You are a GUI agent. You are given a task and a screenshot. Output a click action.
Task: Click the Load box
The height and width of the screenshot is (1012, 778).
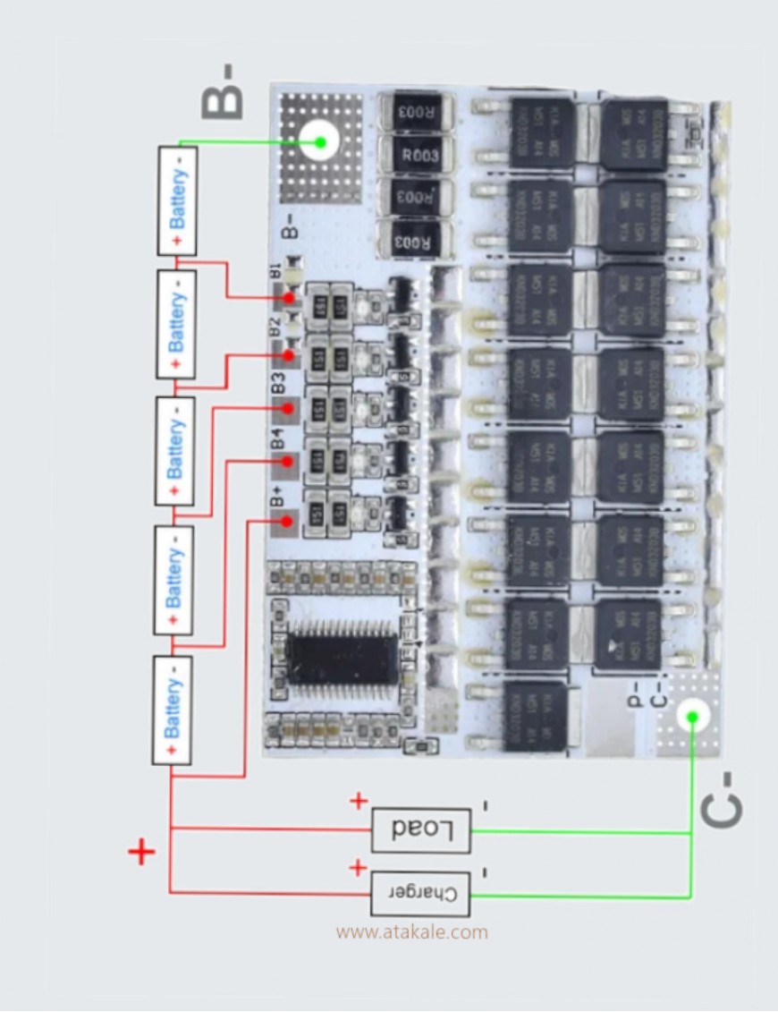pyautogui.click(x=420, y=829)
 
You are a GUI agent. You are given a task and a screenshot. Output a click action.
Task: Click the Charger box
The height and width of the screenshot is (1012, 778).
pyautogui.click(x=420, y=893)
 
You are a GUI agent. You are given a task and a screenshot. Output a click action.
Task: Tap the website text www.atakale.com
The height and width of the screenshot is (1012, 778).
pyautogui.click(x=412, y=932)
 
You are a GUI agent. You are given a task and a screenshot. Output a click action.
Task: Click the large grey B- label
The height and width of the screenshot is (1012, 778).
pyautogui.click(x=223, y=92)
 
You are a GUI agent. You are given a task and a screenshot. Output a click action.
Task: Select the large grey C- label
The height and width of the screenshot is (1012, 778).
pyautogui.click(x=722, y=798)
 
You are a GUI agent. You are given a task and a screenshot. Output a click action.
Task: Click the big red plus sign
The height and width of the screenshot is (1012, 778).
pyautogui.click(x=141, y=852)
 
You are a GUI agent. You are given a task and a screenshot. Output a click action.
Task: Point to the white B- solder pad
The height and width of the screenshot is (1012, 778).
pyautogui.click(x=318, y=141)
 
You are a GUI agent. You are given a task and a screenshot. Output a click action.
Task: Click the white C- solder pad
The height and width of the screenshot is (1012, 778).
pyautogui.click(x=690, y=716)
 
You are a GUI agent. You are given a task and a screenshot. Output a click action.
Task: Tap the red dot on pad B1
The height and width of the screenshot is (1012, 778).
pyautogui.click(x=289, y=298)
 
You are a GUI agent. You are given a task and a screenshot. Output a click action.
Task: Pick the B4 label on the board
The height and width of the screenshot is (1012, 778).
pyautogui.click(x=278, y=439)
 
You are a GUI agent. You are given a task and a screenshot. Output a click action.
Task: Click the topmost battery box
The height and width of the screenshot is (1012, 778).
pyautogui.click(x=177, y=200)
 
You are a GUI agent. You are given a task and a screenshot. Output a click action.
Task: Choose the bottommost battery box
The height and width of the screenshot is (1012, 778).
pyautogui.click(x=172, y=710)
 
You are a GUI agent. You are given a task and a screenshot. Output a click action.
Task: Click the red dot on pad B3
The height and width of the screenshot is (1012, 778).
pyautogui.click(x=288, y=408)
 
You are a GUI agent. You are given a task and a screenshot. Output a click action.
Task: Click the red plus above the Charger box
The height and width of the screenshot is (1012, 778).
pyautogui.click(x=358, y=867)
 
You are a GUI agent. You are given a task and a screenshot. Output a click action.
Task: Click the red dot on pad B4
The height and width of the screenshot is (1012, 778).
pyautogui.click(x=287, y=462)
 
